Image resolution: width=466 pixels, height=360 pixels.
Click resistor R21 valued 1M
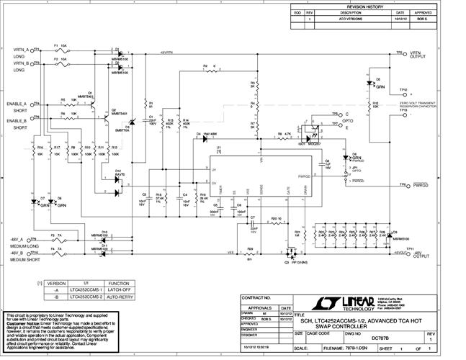point(298,233)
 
